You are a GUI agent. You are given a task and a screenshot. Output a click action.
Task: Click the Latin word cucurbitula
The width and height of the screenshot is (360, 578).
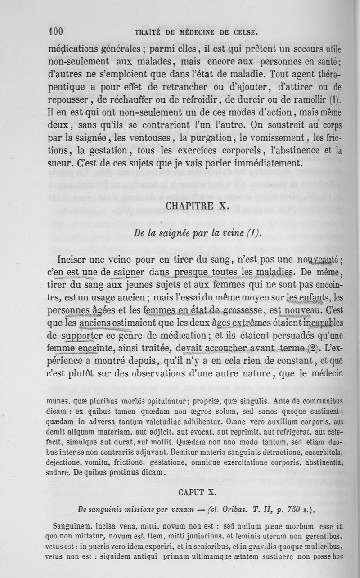click(x=320, y=455)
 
